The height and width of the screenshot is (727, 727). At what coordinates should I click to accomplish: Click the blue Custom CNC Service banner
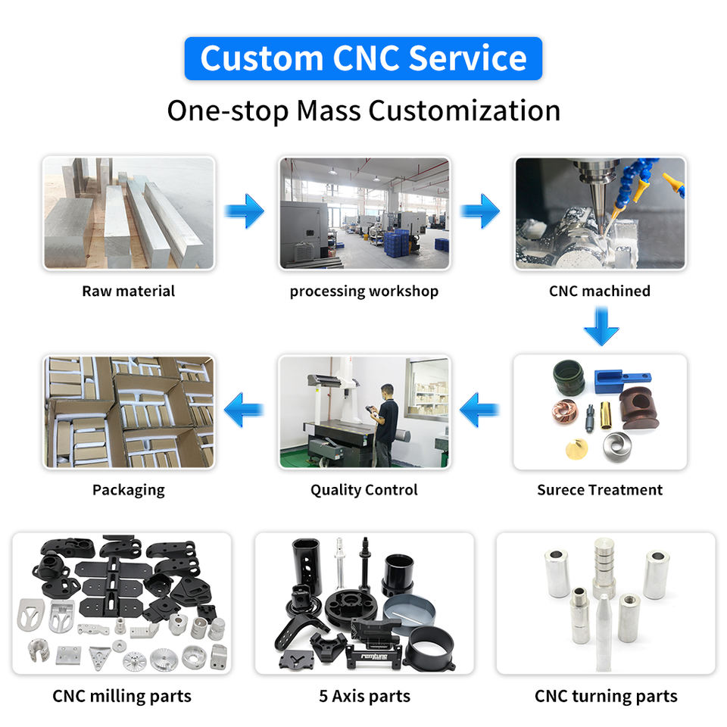click(x=363, y=58)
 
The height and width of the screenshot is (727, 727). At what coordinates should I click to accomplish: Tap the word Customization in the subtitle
click(x=464, y=111)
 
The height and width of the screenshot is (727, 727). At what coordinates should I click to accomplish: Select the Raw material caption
click(x=128, y=291)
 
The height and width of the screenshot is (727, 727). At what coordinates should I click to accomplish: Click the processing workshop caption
click(x=363, y=291)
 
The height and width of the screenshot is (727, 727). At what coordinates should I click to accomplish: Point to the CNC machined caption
click(x=600, y=291)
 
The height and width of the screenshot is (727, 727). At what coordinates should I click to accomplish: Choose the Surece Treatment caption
click(x=600, y=490)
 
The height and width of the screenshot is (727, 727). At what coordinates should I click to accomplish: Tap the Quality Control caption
click(x=363, y=490)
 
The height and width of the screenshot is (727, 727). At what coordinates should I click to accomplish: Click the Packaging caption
click(x=128, y=490)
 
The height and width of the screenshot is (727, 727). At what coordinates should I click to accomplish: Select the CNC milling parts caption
click(x=122, y=696)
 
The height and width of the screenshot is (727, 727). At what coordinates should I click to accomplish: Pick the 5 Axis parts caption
click(x=364, y=696)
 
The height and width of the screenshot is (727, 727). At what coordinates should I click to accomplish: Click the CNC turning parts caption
click(x=606, y=696)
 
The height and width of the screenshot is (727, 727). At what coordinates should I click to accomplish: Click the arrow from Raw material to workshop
click(x=245, y=211)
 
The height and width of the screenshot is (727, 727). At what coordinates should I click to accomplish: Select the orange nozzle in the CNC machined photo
click(x=671, y=182)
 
